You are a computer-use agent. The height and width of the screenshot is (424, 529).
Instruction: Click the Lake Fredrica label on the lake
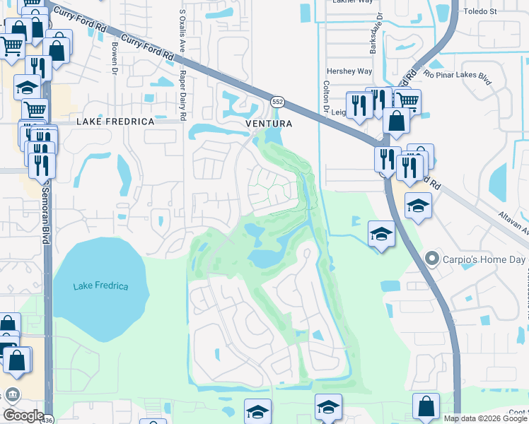(101, 286)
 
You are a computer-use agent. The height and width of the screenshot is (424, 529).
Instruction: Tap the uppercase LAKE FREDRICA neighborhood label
(115, 122)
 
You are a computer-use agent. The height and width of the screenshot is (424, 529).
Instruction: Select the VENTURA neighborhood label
(269, 124)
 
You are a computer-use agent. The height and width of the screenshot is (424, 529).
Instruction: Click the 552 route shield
(278, 102)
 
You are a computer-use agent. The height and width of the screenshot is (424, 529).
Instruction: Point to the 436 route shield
(46, 420)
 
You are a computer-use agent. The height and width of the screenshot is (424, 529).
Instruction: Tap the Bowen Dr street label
(113, 58)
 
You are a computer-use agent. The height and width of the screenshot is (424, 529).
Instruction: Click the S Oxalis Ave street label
(182, 35)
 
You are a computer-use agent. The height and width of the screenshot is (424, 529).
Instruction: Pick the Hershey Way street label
(349, 71)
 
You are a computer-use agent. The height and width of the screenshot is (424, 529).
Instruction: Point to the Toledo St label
(480, 12)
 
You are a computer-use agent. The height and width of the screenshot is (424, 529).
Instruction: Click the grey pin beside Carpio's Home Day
(431, 259)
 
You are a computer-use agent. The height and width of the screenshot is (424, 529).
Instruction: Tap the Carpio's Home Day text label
(484, 260)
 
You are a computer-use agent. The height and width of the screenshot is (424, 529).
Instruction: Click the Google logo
(23, 416)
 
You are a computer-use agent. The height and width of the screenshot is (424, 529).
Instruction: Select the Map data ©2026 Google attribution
(485, 418)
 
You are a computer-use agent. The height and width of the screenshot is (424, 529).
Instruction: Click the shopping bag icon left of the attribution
(426, 407)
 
